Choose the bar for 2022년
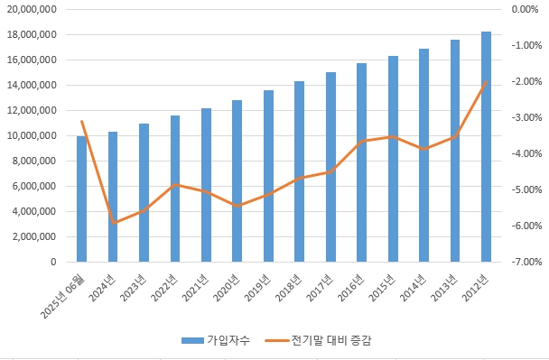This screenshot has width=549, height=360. (x=175, y=189)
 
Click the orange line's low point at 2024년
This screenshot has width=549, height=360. (x=114, y=222)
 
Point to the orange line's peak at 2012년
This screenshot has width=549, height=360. (x=487, y=81)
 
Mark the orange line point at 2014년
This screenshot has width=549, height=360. (x=424, y=149)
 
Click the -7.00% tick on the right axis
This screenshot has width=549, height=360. (x=525, y=263)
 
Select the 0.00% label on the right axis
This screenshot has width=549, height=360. (x=525, y=10)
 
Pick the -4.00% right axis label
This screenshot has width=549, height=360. (x=525, y=154)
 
